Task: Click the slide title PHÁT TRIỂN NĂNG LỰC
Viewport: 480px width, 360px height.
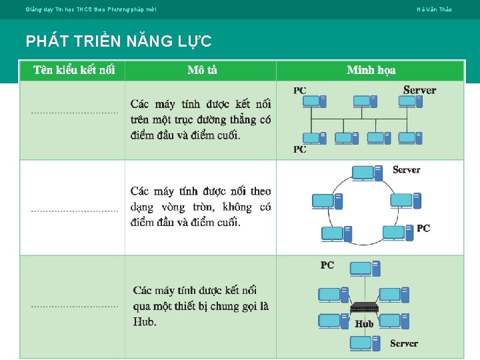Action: (119, 41)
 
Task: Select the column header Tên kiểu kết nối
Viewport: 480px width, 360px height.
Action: (74, 70)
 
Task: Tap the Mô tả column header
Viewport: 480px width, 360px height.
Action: (202, 70)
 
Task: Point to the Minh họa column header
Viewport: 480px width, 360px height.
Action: (371, 70)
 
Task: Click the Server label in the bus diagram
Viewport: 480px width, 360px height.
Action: (419, 90)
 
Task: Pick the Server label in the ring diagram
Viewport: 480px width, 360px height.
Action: (406, 170)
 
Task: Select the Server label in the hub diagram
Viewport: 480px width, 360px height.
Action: (403, 343)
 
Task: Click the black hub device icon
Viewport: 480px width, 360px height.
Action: (364, 308)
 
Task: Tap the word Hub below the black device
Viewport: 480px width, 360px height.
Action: (364, 324)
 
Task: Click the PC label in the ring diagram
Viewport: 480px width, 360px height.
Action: (423, 228)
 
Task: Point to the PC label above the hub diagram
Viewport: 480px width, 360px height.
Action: (327, 265)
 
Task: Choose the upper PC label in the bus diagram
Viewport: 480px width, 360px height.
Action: (300, 91)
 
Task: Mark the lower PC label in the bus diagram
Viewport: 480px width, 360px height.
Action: (300, 149)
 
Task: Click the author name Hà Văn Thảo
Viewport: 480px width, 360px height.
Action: (434, 9)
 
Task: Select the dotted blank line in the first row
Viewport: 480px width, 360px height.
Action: (74, 113)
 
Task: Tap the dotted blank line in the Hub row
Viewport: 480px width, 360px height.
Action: (74, 307)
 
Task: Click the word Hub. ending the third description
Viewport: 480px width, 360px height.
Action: (145, 322)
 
